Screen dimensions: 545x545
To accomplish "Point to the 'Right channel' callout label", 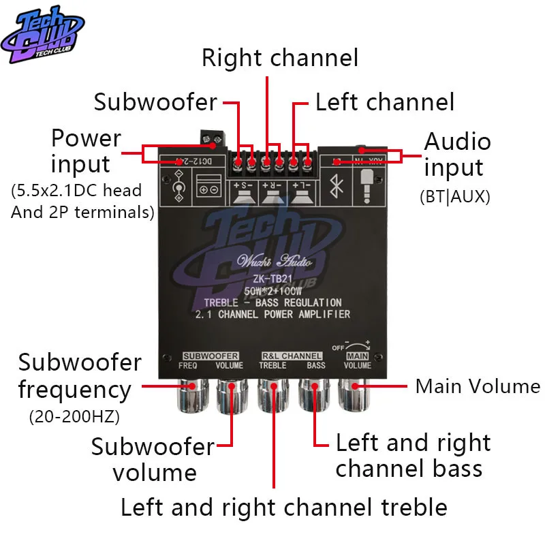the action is coord(279,58).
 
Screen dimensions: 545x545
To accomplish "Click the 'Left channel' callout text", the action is coord(384,102).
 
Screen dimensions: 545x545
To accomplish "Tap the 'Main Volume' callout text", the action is coord(478,386).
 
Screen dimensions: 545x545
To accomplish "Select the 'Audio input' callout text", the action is coord(457,154).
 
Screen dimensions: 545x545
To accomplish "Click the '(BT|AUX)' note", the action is coord(454,198).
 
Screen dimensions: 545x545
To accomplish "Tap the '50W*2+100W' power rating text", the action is coord(272,290).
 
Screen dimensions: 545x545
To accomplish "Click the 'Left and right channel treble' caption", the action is coord(284,507).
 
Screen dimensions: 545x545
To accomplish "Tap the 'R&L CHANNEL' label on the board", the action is coord(292,356).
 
